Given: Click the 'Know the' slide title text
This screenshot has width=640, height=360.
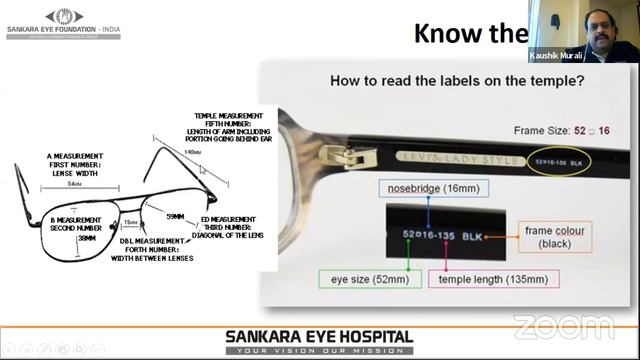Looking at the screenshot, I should click(470, 34).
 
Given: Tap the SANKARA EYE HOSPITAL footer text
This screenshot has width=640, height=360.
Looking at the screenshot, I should click(319, 337).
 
